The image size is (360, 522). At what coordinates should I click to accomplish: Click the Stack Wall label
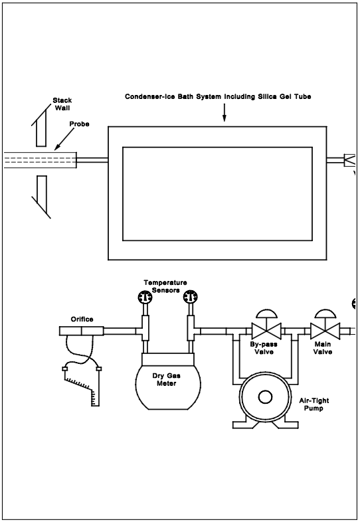point(62,104)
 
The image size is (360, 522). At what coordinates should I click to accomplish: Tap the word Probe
point(79,124)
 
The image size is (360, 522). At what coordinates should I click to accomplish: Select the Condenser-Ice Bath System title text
point(218,96)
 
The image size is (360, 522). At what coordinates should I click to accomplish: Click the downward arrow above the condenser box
point(224,112)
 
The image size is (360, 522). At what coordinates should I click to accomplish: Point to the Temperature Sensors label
point(165,286)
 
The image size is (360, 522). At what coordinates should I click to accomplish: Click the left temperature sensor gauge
point(145,297)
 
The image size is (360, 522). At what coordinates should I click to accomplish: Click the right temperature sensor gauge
point(191,297)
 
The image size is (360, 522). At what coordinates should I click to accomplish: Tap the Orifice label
point(82,319)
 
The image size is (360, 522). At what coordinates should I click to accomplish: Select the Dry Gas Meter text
point(167,379)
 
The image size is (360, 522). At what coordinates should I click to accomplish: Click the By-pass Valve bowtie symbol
point(266,331)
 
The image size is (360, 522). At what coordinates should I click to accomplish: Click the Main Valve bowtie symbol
point(325,331)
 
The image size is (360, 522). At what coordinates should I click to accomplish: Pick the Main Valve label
point(323,348)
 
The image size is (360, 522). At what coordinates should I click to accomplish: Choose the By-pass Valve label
point(264,348)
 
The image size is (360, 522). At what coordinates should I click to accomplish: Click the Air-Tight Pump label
point(314,404)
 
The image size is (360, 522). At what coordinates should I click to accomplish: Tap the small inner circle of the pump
point(265,397)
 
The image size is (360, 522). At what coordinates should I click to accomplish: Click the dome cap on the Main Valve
point(325,313)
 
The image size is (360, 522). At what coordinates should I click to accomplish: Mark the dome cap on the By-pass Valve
point(266,313)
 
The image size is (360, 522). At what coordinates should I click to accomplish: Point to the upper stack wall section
point(41,126)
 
